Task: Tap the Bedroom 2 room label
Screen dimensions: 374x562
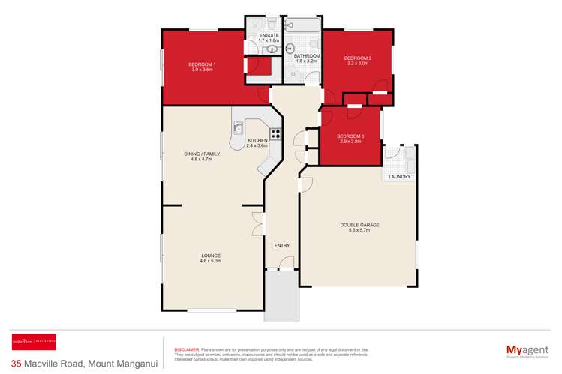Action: click(357, 61)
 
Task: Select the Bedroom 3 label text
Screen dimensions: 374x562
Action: click(350, 138)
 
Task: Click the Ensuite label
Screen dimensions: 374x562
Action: click(269, 37)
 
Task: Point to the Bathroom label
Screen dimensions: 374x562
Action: click(307, 58)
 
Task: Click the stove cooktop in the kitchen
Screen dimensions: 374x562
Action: click(275, 135)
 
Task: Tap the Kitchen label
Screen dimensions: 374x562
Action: click(257, 142)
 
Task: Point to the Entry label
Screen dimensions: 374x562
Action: click(281, 246)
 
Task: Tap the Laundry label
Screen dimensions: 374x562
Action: click(399, 177)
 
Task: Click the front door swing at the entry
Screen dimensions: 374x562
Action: click(286, 262)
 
